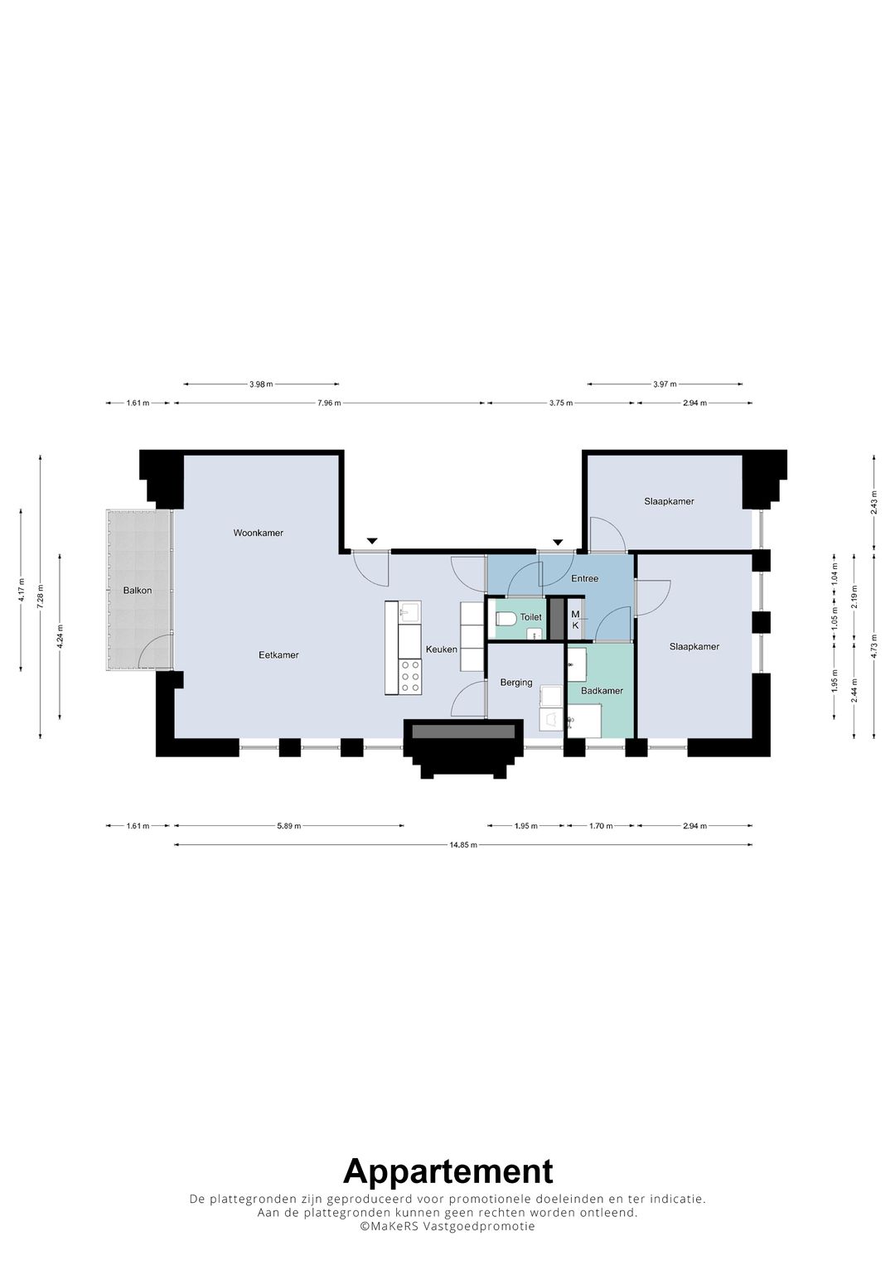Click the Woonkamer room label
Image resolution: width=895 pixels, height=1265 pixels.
tap(258, 533)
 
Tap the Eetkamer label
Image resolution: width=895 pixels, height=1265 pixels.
tap(278, 654)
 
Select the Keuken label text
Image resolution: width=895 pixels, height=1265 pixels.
tap(441, 649)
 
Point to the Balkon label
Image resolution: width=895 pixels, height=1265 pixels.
tap(138, 591)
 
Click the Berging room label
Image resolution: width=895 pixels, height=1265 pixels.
tap(515, 683)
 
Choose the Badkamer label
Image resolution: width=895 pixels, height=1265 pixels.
tap(602, 691)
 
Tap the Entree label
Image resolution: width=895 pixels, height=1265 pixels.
tap(584, 578)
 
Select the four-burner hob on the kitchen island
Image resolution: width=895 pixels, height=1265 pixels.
tap(409, 676)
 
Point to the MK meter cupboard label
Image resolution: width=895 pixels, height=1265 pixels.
tap(575, 620)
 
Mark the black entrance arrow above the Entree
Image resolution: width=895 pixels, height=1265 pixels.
tap(558, 541)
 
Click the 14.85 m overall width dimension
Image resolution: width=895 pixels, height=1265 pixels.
tap(463, 845)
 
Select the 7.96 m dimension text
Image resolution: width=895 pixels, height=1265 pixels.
tap(329, 403)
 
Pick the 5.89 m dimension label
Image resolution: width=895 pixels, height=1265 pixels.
tap(289, 826)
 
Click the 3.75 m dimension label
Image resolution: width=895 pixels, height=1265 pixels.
tap(561, 403)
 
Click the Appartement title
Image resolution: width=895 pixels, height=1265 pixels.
tap(447, 1171)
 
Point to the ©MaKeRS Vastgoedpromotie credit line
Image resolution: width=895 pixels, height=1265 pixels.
tap(447, 1227)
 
